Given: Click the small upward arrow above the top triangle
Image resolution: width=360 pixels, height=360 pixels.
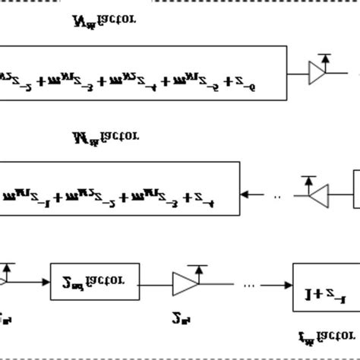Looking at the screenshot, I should pos(324,57).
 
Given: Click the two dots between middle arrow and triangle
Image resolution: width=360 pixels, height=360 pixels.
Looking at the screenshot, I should pos(276,195).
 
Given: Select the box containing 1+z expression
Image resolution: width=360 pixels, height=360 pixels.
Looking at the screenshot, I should pos(326,285).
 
